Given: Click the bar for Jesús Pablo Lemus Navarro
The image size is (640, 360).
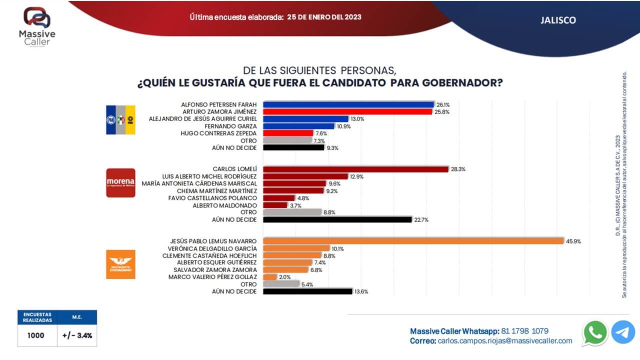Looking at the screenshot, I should pyautogui.click(x=413, y=241).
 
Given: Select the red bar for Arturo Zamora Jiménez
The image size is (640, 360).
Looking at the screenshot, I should pyautogui.click(x=347, y=112).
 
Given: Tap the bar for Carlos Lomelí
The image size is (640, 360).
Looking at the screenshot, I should pyautogui.click(x=355, y=169).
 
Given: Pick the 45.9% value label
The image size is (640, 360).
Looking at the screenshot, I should pyautogui.click(x=573, y=241).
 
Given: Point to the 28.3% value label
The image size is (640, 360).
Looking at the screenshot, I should pyautogui.click(x=458, y=169).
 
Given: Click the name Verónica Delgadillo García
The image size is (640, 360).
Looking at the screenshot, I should pyautogui.click(x=213, y=248).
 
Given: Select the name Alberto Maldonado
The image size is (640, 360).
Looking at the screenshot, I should pyautogui.click(x=224, y=205).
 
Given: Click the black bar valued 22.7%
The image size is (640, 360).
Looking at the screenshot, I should pyautogui.click(x=337, y=219).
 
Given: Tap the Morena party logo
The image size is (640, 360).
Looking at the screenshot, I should pyautogui.click(x=120, y=182).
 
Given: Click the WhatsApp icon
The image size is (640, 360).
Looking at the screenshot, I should pyautogui.click(x=595, y=332).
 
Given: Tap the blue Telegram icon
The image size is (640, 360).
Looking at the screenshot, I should pyautogui.click(x=623, y=332).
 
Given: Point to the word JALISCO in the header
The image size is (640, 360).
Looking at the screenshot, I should pyautogui.click(x=558, y=20).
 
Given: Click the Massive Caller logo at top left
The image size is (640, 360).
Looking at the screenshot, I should pyautogui.click(x=37, y=25).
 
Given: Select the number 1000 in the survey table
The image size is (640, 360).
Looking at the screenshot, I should pyautogui.click(x=35, y=335).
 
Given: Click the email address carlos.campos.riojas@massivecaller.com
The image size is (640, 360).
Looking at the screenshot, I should pyautogui.click(x=504, y=341).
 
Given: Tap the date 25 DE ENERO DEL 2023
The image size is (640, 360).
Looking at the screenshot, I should pyautogui.click(x=324, y=17).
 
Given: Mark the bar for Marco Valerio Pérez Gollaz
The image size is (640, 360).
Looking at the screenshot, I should pyautogui.click(x=270, y=277).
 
